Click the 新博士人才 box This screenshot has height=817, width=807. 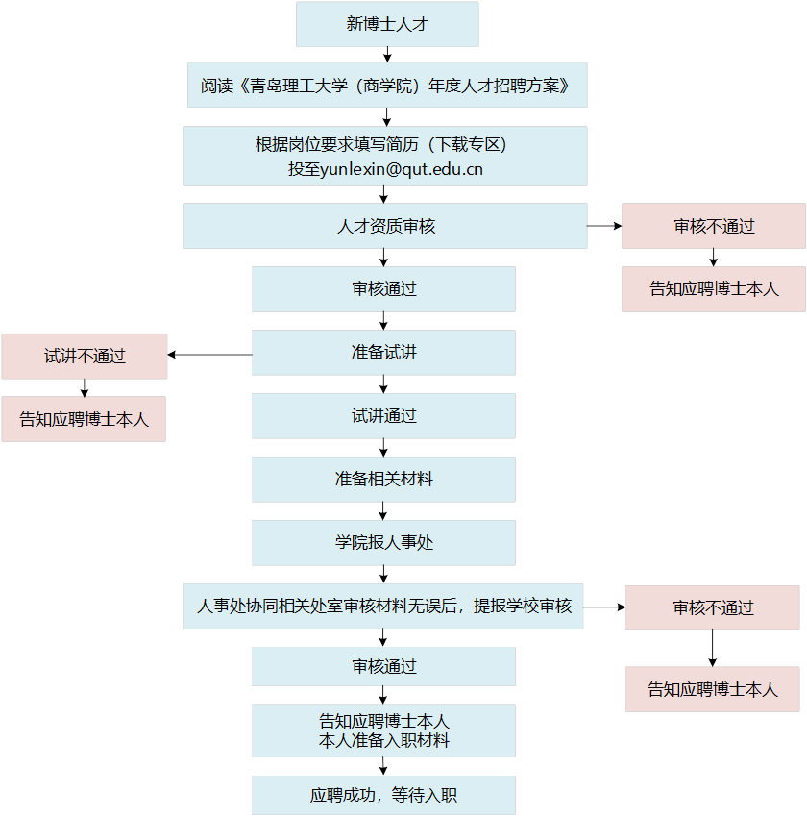pyautogui.click(x=386, y=24)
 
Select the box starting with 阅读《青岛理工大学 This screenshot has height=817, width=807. pyautogui.click(x=386, y=86)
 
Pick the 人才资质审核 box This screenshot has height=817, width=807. pyautogui.click(x=384, y=226)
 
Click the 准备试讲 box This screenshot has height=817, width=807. pyautogui.click(x=383, y=353)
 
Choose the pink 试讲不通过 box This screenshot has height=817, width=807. pyautogui.click(x=85, y=356)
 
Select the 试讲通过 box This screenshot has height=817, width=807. pyautogui.click(x=383, y=416)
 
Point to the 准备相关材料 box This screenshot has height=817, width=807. pyautogui.click(x=383, y=479)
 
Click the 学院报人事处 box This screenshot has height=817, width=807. pyautogui.click(x=383, y=542)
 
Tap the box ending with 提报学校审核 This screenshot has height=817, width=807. pyautogui.click(x=383, y=606)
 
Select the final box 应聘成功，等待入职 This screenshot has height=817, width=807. pyautogui.click(x=383, y=795)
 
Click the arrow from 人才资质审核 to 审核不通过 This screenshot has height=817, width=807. pyautogui.click(x=604, y=226)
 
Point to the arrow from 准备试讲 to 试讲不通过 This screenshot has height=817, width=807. pyautogui.click(x=209, y=355)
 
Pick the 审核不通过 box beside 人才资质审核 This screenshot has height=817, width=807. pyautogui.click(x=713, y=226)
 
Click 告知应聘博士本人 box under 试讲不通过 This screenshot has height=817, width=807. pyautogui.click(x=84, y=419)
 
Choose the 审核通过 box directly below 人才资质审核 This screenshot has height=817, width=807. pyautogui.click(x=383, y=289)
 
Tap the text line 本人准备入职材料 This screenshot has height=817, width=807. pyautogui.click(x=383, y=741)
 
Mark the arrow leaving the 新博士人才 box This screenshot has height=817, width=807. pyautogui.click(x=387, y=55)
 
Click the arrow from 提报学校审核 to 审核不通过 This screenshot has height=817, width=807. pyautogui.click(x=603, y=607)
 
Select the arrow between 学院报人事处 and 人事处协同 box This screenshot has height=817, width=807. pyautogui.click(x=384, y=574)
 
